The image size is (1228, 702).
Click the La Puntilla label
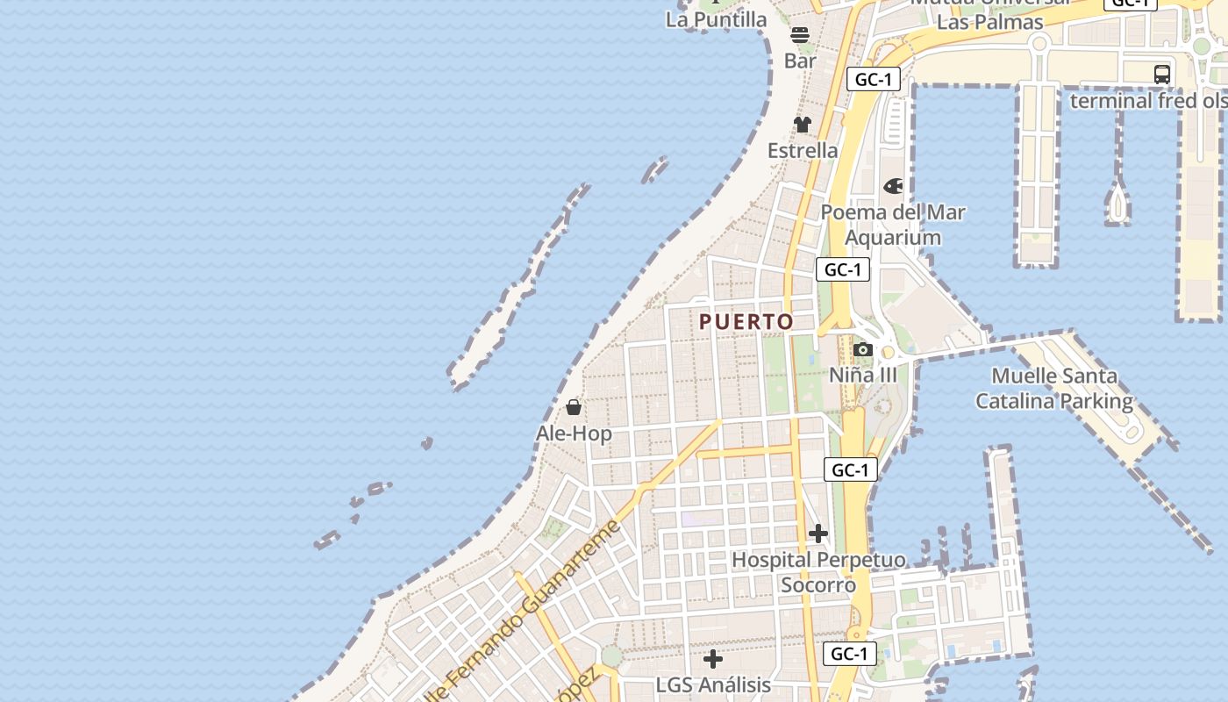pos(716,19)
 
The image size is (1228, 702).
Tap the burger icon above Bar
pos(800,35)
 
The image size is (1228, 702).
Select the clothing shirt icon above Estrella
pos(803,125)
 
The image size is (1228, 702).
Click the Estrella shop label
pos(803,150)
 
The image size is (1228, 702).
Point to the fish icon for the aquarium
pos(893,186)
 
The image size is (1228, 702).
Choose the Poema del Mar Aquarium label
pos(893,225)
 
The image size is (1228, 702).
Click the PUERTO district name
pos(746,322)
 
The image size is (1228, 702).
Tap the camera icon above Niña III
pos(863,350)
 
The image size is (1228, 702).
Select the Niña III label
pos(863,375)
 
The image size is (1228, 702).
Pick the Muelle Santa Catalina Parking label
pos(1054,389)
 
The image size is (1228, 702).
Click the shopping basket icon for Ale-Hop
pos(574,407)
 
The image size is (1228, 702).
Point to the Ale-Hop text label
pos(574,433)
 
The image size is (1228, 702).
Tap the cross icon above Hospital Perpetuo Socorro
pos(818,534)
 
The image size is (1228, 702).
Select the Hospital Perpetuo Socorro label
pos(818,572)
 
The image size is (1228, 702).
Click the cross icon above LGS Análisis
pos(713,658)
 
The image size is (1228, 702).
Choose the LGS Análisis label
pos(713,684)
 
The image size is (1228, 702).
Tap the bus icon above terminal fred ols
pos(1162,75)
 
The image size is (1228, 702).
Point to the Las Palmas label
pos(989,22)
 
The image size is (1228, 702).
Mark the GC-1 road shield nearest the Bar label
pos(875,80)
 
